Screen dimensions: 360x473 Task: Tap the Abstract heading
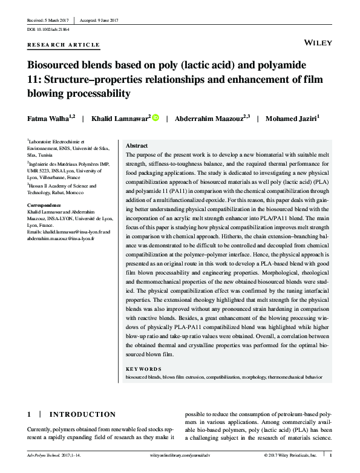click(137, 146)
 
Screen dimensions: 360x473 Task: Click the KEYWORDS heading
click(143, 368)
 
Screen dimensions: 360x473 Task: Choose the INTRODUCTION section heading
click(83, 414)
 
